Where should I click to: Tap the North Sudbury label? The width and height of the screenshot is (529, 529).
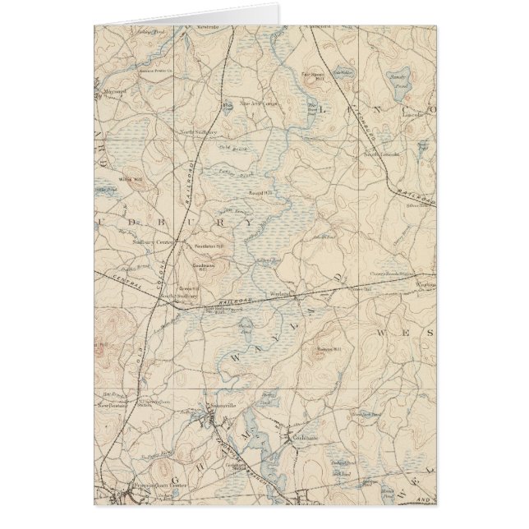[199, 131]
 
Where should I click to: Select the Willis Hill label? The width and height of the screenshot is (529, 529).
[131, 178]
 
